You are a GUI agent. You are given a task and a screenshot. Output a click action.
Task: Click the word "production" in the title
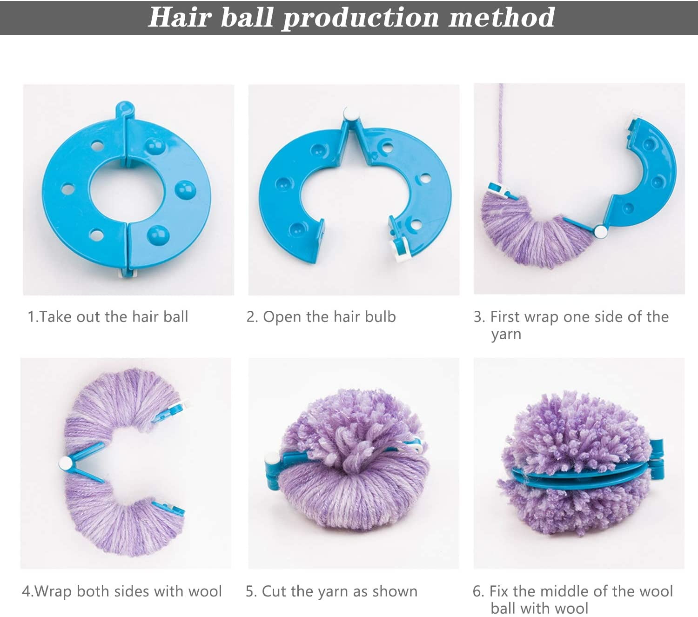(361, 18)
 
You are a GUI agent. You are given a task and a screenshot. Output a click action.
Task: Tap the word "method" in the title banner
(502, 17)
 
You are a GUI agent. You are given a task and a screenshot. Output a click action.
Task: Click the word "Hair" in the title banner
(180, 17)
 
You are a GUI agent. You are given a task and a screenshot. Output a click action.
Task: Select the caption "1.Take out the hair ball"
(108, 316)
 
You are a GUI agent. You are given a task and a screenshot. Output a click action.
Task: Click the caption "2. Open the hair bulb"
(321, 317)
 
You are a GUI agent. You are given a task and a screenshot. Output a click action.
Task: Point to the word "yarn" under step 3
(506, 335)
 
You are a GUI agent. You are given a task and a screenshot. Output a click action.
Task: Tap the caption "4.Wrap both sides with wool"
(121, 591)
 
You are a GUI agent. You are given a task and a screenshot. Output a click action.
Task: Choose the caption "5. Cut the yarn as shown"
(331, 591)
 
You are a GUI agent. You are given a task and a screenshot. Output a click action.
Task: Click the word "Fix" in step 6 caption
(498, 591)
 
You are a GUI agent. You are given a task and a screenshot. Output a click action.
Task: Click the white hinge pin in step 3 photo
(601, 232)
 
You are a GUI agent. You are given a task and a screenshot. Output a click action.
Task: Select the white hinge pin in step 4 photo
(66, 463)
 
